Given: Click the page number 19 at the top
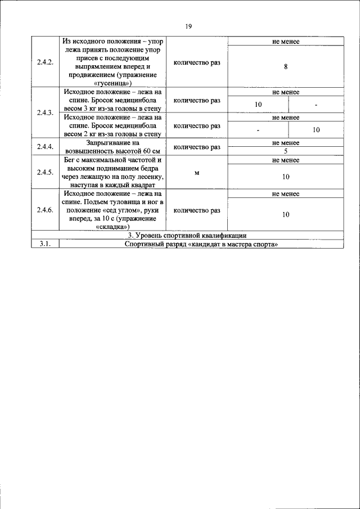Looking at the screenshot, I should pos(188,26).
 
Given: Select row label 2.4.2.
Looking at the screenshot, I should pos(45,62).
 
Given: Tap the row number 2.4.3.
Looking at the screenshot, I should pos(45,112).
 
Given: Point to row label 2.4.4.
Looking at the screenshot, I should pos(45,147).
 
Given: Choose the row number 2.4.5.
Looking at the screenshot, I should pos(45,172).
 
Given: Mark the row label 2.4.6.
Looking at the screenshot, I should pos(45,210).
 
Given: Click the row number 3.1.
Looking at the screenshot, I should pos(45,244).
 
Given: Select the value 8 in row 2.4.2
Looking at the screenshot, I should pos(286,66).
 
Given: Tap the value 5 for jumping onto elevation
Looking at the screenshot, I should pos(286,151).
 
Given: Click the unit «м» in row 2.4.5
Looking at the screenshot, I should pos(197,172).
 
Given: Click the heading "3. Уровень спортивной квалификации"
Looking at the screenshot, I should pos(187,236).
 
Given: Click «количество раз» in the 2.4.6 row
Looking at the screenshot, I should pos(197,210).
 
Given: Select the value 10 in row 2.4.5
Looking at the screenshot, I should pos(286,177).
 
